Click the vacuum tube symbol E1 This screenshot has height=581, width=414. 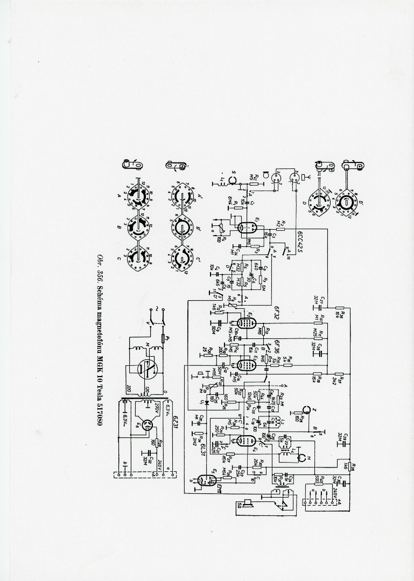[x=244, y=227]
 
